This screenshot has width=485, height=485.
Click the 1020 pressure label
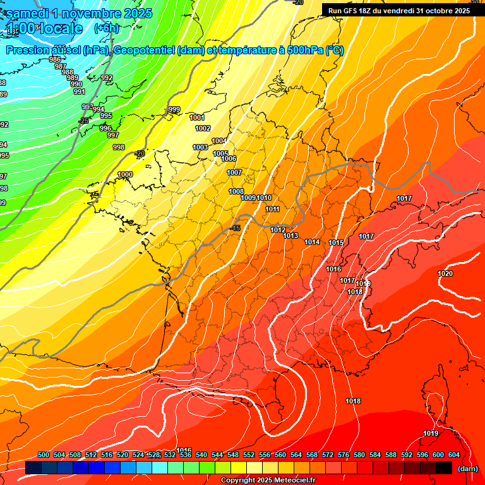tap(445, 273)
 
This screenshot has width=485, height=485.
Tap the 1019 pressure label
tap(431, 433)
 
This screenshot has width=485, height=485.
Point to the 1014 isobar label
tap(312, 242)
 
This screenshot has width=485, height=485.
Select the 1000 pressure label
tap(125, 174)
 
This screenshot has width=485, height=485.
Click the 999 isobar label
tap(174, 110)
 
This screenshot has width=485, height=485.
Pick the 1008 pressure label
tap(236, 191)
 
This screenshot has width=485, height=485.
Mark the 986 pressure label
tap(55, 59)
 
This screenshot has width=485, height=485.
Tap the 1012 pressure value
tap(278, 230)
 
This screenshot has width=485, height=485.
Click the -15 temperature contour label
tap(236, 228)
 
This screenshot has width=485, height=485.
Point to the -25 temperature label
tap(83, 121)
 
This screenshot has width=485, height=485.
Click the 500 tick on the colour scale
tap(44, 455)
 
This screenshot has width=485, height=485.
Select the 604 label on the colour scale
tap(453, 455)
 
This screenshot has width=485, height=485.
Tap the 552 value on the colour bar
tap(249, 455)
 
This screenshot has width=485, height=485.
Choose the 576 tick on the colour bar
tap(344, 455)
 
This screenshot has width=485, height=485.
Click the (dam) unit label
tap(467, 469)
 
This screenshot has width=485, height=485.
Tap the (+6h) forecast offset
tap(105, 28)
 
